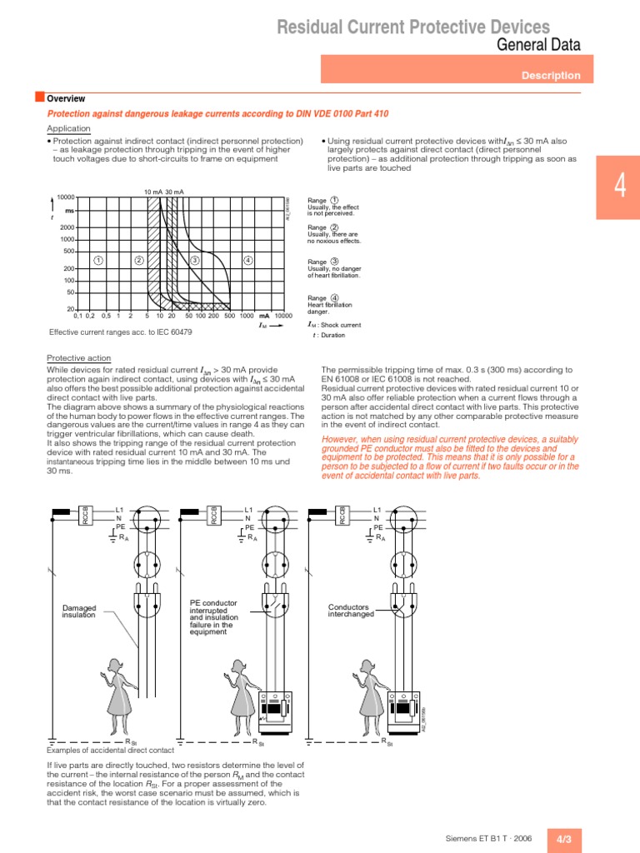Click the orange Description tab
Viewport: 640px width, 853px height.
pyautogui.click(x=550, y=76)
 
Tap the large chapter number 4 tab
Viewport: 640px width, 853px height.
pyautogui.click(x=619, y=187)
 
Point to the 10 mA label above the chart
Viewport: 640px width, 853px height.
pyautogui.click(x=152, y=191)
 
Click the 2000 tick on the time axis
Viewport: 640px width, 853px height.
pyautogui.click(x=67, y=227)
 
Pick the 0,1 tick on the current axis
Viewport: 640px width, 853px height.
pyautogui.click(x=77, y=316)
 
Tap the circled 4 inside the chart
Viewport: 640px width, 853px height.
pyautogui.click(x=247, y=261)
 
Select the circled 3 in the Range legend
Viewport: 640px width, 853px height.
pyautogui.click(x=334, y=262)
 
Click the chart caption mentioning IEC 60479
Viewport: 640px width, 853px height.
pyautogui.click(x=121, y=332)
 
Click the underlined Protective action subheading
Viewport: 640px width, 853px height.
pyautogui.click(x=78, y=358)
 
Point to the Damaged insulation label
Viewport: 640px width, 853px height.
pyautogui.click(x=80, y=611)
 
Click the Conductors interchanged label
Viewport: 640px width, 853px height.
pyautogui.click(x=351, y=611)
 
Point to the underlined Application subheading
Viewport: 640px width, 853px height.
pyautogui.click(x=68, y=129)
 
